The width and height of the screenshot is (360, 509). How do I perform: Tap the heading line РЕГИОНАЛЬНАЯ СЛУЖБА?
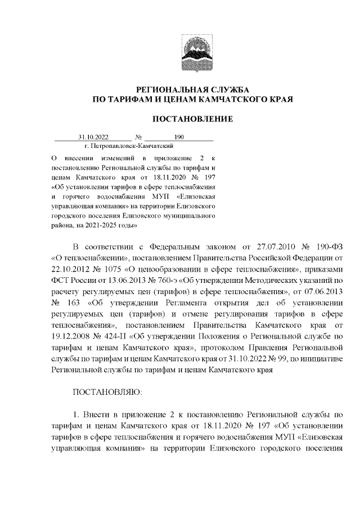(193, 89)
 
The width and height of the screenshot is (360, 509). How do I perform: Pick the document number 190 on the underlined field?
(179, 137)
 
